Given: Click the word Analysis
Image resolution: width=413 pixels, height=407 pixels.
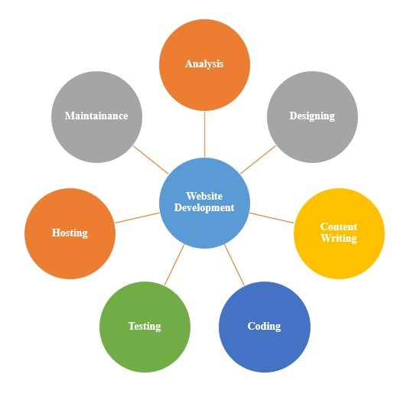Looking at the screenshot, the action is pyautogui.click(x=204, y=64).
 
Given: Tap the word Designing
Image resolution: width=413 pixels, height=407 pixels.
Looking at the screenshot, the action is pyautogui.click(x=312, y=116).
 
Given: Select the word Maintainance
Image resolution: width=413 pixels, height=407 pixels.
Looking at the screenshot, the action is pyautogui.click(x=96, y=116).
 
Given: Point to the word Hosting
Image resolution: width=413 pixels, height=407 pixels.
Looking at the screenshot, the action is pyautogui.click(x=70, y=233).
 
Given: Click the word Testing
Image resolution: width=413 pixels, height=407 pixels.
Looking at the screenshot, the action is pyautogui.click(x=145, y=327).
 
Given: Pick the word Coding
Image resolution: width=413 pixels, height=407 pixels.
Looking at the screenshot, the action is pyautogui.click(x=264, y=327).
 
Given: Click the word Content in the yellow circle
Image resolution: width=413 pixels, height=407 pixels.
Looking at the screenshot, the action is pyautogui.click(x=339, y=226).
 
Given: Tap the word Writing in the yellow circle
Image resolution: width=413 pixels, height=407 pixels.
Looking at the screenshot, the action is pyautogui.click(x=339, y=239).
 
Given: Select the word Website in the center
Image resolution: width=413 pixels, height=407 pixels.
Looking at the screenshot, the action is pyautogui.click(x=204, y=196).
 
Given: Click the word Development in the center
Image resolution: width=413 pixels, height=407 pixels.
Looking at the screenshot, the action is pyautogui.click(x=204, y=208).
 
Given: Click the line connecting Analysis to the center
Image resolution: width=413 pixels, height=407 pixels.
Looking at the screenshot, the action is pyautogui.click(x=205, y=134).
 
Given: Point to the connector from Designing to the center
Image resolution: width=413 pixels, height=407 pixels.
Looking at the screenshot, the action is pyautogui.click(x=259, y=159).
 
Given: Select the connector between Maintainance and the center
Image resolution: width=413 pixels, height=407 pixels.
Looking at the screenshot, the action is pyautogui.click(x=151, y=160).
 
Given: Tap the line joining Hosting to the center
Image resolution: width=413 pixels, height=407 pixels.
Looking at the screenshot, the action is pyautogui.click(x=137, y=218).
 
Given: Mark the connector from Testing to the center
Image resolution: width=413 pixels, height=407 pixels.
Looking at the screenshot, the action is pyautogui.click(x=174, y=265).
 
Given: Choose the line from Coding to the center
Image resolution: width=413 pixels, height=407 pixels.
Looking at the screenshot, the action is pyautogui.click(x=235, y=265).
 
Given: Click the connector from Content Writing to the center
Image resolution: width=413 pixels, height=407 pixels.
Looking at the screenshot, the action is pyautogui.click(x=272, y=218).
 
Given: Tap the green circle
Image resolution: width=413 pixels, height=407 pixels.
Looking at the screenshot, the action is pyautogui.click(x=145, y=327).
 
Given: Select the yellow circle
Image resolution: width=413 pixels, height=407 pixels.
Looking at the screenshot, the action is pyautogui.click(x=339, y=233).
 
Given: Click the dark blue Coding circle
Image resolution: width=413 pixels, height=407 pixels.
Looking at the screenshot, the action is pyautogui.click(x=265, y=327).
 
